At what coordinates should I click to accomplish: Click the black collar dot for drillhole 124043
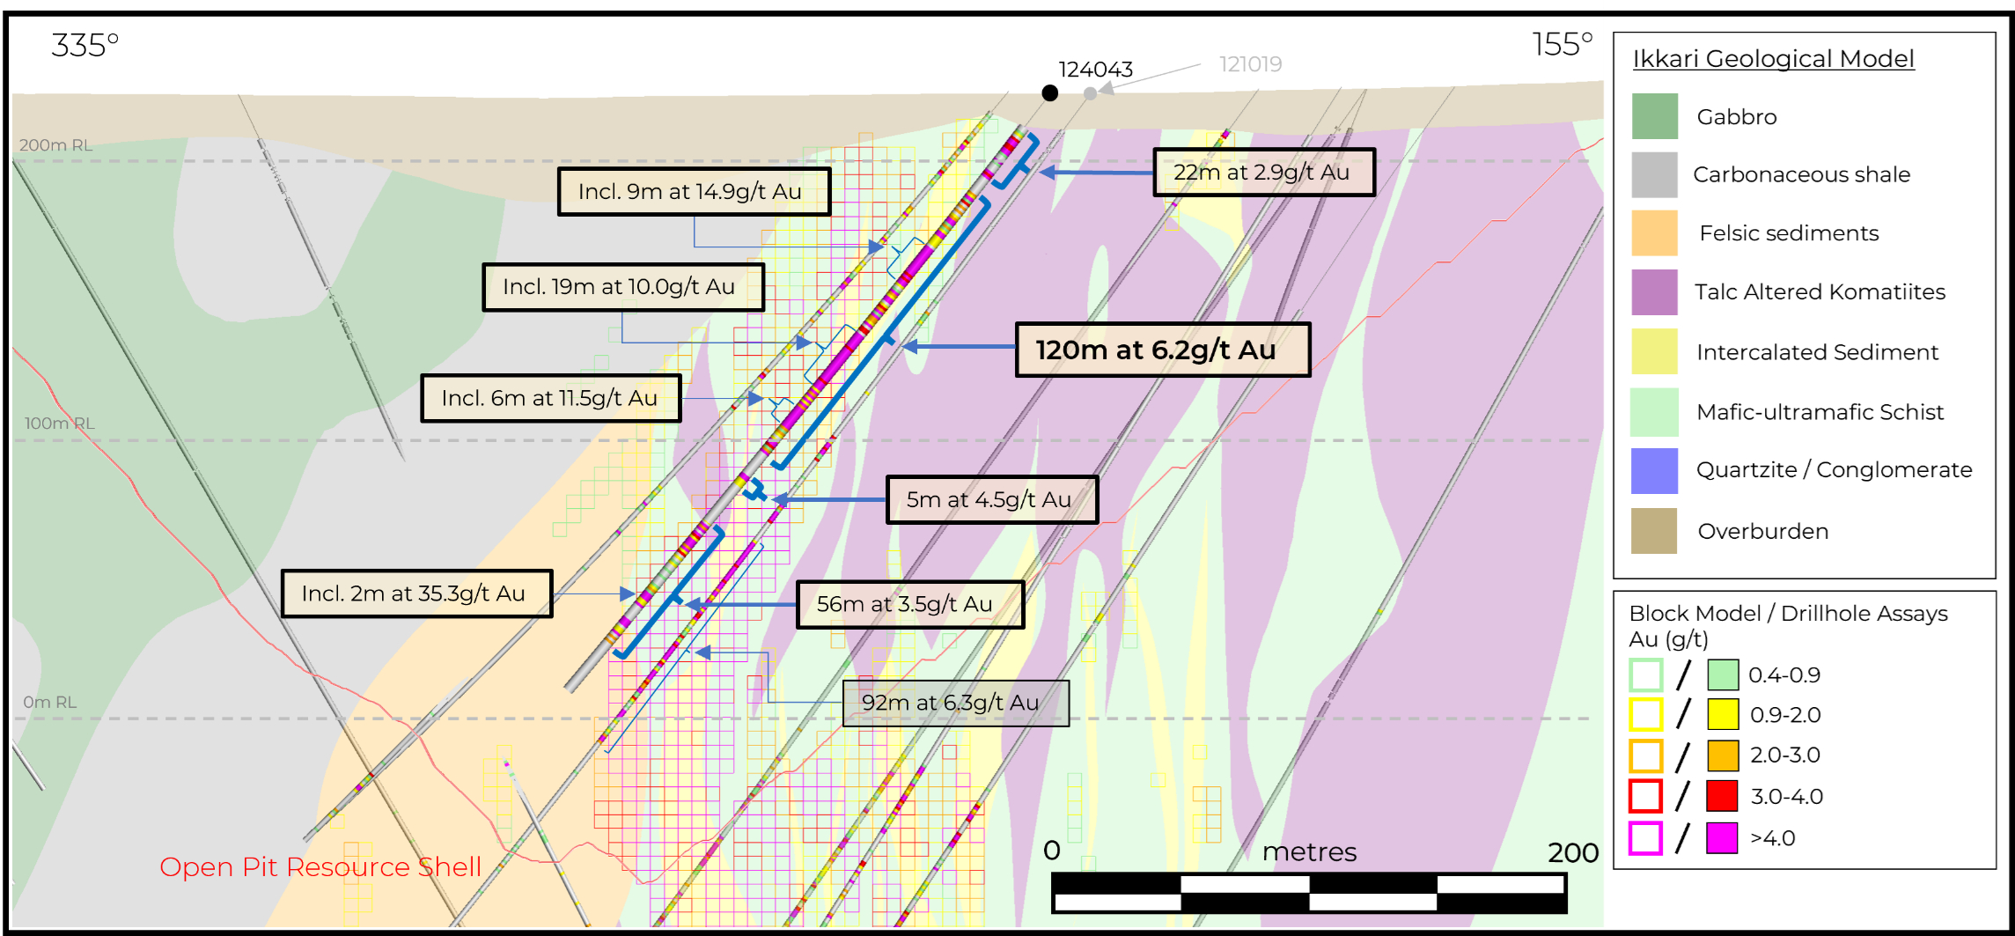(x=1049, y=92)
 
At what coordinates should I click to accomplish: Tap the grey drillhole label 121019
(x=1250, y=64)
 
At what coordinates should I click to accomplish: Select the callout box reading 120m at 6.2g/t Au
(x=1162, y=350)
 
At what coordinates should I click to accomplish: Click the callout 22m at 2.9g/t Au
(x=1263, y=172)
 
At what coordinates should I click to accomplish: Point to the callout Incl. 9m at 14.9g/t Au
(x=694, y=191)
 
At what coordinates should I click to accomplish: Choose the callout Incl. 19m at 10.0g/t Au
(x=622, y=287)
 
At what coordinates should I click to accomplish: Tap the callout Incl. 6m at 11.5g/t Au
(x=550, y=398)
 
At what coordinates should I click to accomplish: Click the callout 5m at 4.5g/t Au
(x=991, y=499)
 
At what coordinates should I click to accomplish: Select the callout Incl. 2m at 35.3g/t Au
(x=416, y=593)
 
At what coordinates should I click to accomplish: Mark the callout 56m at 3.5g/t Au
(x=909, y=604)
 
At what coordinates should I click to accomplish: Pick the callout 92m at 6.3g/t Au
(x=955, y=703)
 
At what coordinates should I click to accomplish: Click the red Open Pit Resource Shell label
(x=320, y=867)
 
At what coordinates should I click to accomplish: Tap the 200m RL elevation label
(x=55, y=145)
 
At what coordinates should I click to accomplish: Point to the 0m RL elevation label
(x=50, y=702)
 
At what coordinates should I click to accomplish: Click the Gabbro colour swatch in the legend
(x=1654, y=116)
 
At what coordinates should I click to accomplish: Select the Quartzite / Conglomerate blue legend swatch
(x=1654, y=470)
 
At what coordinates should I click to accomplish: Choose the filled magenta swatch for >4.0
(x=1722, y=837)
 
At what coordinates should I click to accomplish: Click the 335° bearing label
(x=85, y=45)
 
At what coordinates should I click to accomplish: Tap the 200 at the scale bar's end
(x=1572, y=852)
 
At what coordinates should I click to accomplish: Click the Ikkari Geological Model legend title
(x=1773, y=59)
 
